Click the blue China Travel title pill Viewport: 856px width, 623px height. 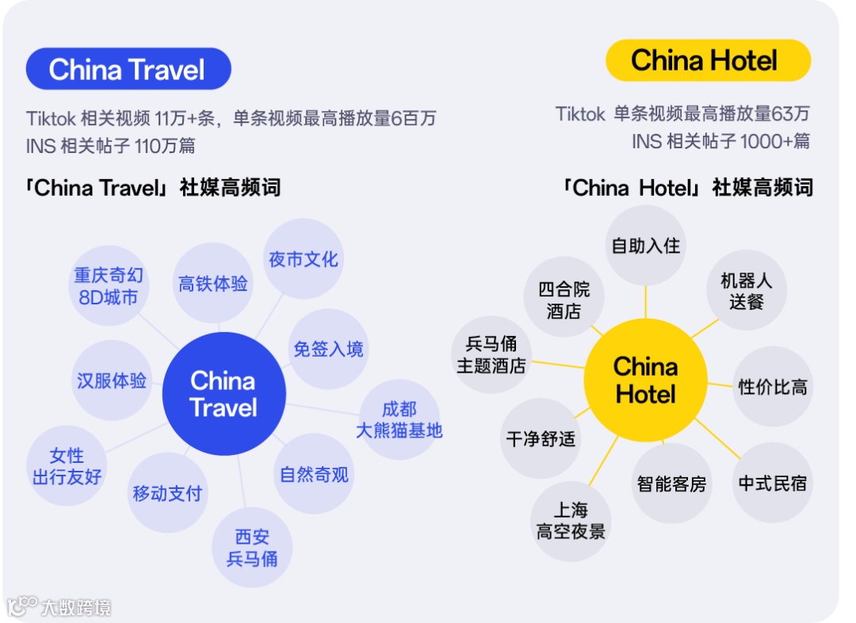[128, 69]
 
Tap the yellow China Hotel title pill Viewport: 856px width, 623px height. [707, 60]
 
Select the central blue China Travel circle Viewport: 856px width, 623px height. [224, 394]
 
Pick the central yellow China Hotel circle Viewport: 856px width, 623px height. [645, 380]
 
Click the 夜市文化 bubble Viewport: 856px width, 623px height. [303, 259]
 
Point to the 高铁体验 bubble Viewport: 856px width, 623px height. [212, 283]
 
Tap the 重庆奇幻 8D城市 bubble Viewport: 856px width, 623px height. [109, 285]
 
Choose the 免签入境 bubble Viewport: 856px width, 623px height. [328, 349]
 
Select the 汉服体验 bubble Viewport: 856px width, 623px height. [111, 380]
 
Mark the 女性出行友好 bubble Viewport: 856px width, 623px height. [67, 466]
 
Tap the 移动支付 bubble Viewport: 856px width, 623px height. [167, 493]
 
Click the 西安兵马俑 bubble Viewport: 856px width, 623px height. [252, 548]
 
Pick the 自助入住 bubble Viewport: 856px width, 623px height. [645, 245]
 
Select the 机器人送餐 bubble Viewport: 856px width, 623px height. [746, 291]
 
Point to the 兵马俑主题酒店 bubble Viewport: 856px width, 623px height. [491, 354]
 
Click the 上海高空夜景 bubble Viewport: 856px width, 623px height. [571, 521]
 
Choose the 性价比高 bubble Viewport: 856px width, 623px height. [772, 387]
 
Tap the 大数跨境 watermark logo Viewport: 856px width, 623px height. [59, 607]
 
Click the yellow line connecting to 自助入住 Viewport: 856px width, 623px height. [645, 302]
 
